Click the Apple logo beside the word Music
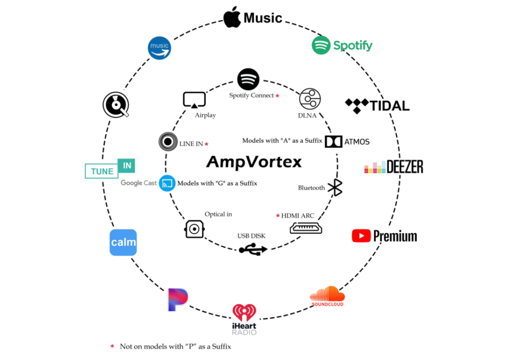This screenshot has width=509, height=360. (x=232, y=18)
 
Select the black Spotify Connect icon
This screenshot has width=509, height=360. (x=249, y=79)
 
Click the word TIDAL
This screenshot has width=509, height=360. (x=390, y=105)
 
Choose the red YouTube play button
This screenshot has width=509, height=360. (x=361, y=236)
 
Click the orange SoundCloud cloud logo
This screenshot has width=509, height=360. (x=327, y=294)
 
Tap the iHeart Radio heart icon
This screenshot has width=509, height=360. (x=244, y=313)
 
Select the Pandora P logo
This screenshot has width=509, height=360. (x=177, y=299)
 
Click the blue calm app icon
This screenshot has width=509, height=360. (x=123, y=243)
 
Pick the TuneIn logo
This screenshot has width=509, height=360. (x=110, y=169)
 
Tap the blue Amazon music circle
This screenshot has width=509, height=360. (x=160, y=48)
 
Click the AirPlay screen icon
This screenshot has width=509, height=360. (x=194, y=100)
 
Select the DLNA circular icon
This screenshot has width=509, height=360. (x=310, y=99)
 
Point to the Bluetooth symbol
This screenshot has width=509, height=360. (x=337, y=187)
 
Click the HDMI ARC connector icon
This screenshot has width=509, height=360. (x=306, y=228)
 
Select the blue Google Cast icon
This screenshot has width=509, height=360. (x=168, y=183)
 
